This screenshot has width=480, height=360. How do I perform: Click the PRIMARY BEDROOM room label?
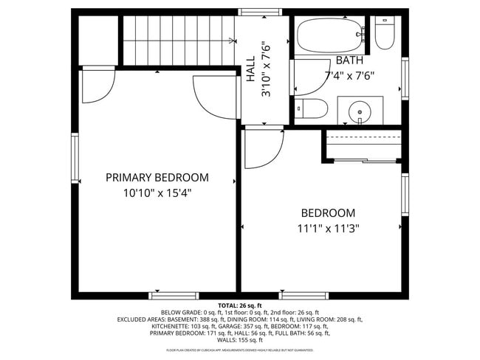coord(157,178)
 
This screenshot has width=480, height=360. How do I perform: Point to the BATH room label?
coord(349,60)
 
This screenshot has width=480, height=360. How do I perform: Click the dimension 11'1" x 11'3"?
coord(328,228)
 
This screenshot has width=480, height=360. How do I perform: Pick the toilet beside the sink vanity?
coord(312,109)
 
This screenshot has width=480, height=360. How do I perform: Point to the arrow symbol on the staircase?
coord(232,41)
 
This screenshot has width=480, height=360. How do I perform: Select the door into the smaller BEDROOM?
coord(264,148)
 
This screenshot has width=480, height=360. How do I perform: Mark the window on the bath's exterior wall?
coord(405,77)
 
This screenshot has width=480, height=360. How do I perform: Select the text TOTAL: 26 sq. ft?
coord(240,305)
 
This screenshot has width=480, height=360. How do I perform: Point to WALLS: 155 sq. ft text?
coord(240,340)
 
